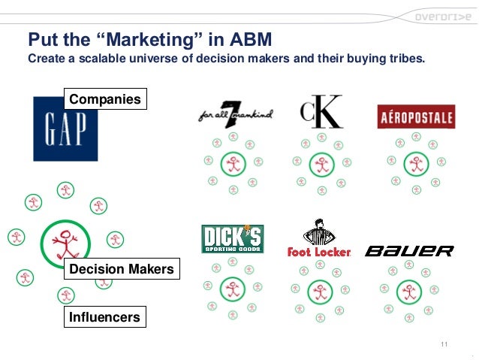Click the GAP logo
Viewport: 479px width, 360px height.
click(x=65, y=132)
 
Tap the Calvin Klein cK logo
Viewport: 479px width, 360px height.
click(x=321, y=111)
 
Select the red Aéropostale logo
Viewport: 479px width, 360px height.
click(x=416, y=116)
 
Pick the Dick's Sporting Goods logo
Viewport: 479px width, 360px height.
click(x=232, y=239)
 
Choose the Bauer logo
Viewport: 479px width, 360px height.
click(x=409, y=250)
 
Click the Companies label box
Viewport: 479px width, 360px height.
click(x=104, y=99)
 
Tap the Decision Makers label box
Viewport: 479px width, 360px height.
click(x=121, y=269)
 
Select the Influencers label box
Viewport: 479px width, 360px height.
click(x=104, y=317)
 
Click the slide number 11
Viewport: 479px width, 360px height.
click(x=444, y=344)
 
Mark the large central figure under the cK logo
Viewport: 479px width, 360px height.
click(x=322, y=163)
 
